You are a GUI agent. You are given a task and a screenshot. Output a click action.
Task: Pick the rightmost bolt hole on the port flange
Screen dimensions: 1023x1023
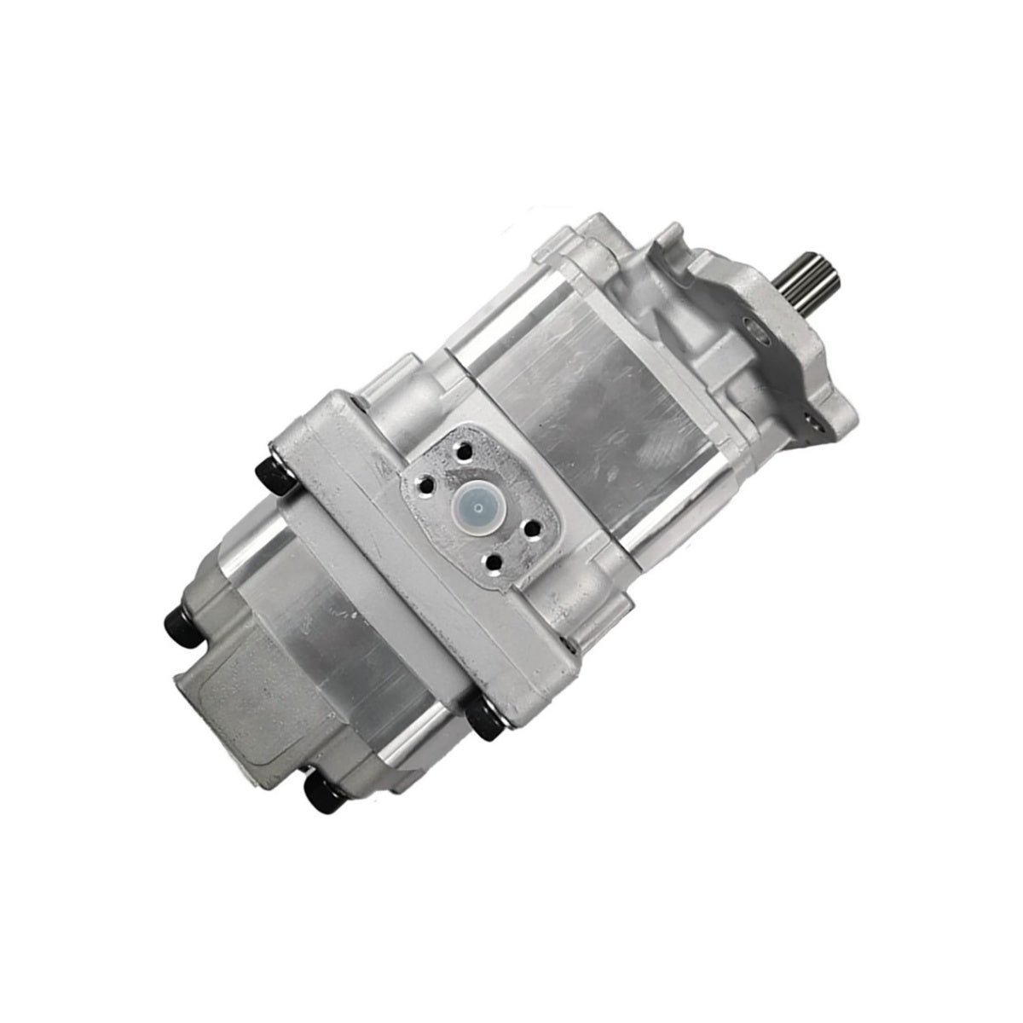tap(533, 529)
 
